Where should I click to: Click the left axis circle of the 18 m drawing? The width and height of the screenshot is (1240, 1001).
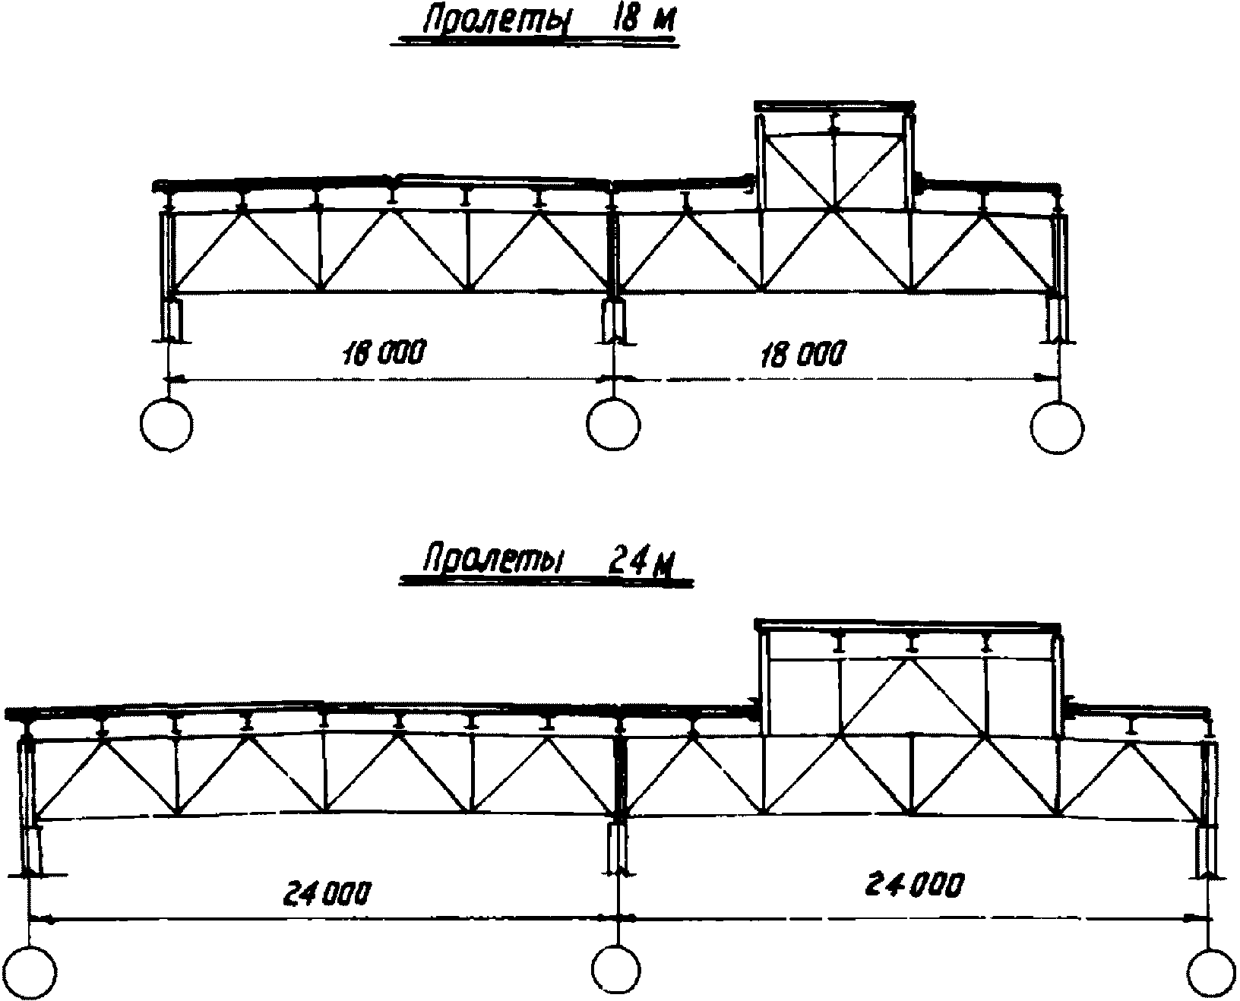(167, 425)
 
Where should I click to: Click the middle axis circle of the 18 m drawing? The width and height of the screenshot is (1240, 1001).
(613, 424)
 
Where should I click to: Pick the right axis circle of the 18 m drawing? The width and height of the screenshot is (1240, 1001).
(1057, 425)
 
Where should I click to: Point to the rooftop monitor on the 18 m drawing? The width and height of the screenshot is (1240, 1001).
(835, 156)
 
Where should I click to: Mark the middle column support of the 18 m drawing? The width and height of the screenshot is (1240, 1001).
(614, 320)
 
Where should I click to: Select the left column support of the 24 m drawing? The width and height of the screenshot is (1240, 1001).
(32, 851)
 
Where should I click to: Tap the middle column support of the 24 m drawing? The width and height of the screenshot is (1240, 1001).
(618, 851)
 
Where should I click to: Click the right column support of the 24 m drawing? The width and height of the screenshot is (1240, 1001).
(1207, 851)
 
